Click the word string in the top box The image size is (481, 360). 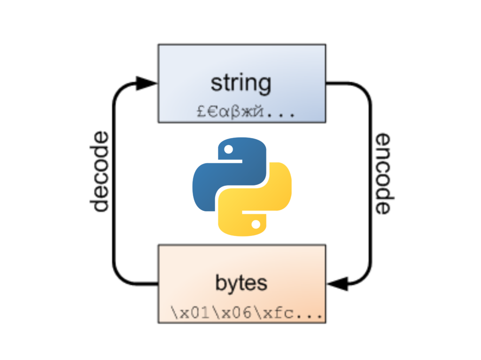(240, 84)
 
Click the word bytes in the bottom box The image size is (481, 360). (241, 283)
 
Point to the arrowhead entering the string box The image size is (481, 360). (147, 84)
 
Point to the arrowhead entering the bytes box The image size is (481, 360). (337, 283)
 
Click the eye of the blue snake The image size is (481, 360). (229, 150)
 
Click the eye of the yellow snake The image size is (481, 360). (256, 224)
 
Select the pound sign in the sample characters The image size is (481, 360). (201, 113)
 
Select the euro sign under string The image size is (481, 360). (212, 113)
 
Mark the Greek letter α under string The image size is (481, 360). (224, 113)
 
